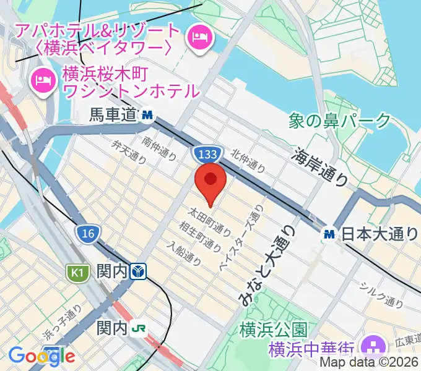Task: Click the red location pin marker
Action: [210, 181]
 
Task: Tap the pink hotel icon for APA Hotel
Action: [201, 36]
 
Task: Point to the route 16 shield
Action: [87, 233]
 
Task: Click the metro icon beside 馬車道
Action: [147, 114]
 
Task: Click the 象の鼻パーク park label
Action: [341, 120]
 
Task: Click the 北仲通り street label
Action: [248, 161]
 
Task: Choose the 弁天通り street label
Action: [129, 152]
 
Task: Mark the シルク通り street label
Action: [382, 294]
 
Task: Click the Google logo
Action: [41, 356]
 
